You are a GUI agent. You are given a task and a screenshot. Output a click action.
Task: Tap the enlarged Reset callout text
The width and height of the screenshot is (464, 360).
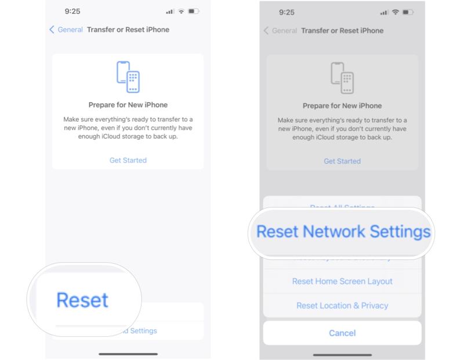[x=82, y=300]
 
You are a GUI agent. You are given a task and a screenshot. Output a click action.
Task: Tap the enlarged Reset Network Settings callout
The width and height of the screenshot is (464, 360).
[x=343, y=231]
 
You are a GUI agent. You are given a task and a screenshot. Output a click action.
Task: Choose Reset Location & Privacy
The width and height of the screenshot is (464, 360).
[x=342, y=306]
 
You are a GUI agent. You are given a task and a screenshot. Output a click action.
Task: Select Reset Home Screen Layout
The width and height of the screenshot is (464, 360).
[x=342, y=281]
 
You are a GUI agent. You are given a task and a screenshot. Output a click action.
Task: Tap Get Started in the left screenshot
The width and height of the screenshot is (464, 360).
[x=128, y=160]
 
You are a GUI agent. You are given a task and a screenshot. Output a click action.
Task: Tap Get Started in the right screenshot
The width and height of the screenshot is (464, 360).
[x=342, y=161]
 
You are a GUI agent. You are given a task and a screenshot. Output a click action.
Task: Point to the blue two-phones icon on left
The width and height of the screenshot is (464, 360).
[x=128, y=77]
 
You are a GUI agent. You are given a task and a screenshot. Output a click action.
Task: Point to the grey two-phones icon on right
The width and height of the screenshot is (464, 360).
[x=342, y=77]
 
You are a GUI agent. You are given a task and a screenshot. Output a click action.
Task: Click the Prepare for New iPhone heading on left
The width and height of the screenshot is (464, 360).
[x=128, y=105]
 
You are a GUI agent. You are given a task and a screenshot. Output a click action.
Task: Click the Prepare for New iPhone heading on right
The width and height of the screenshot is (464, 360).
[x=342, y=106]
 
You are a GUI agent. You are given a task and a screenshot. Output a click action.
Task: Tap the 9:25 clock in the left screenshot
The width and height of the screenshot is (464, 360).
[x=72, y=12]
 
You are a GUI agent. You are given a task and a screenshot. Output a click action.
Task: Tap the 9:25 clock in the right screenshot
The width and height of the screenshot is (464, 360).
[x=287, y=12]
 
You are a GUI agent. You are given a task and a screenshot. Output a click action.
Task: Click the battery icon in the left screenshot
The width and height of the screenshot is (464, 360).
[x=194, y=12]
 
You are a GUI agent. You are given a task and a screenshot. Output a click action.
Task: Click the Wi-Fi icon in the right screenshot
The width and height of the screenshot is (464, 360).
[x=396, y=12]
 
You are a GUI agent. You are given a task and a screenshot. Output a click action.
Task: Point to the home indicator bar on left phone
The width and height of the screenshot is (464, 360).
[x=128, y=354]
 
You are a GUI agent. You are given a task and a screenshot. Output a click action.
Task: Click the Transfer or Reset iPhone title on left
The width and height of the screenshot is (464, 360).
[x=128, y=30]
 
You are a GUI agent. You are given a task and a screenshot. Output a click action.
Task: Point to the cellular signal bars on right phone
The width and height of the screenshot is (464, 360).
[x=385, y=12]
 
